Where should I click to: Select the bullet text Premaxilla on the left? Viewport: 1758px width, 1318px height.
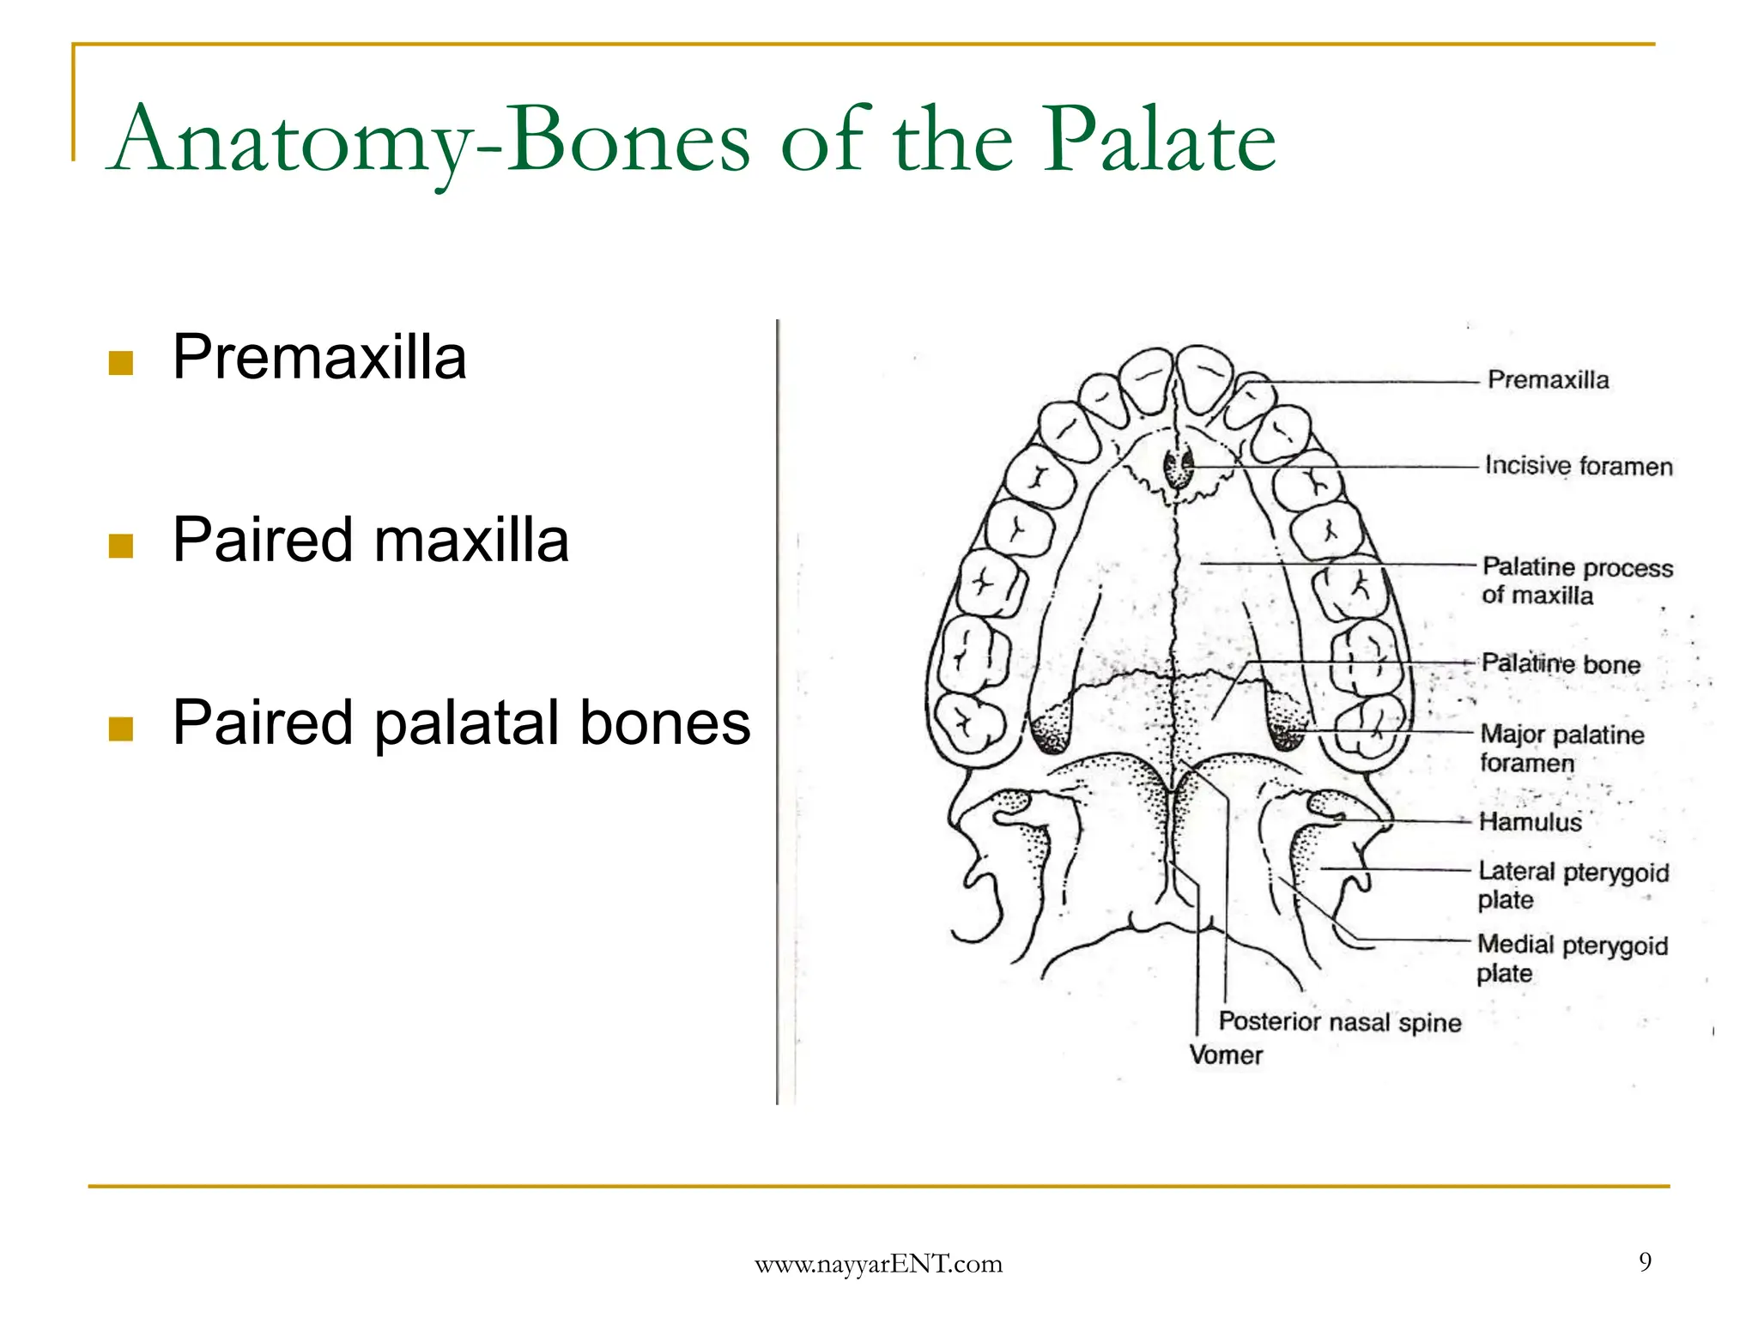[x=319, y=357]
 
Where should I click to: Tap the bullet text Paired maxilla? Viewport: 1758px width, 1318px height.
[x=370, y=540]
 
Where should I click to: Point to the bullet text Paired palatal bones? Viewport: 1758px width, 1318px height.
[x=461, y=722]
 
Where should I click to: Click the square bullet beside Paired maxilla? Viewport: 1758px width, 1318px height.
[x=121, y=546]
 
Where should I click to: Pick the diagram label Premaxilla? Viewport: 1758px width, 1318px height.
[x=1548, y=380]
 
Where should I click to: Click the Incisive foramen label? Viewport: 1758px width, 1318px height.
[x=1578, y=466]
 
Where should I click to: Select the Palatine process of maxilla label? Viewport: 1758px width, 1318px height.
[x=1576, y=581]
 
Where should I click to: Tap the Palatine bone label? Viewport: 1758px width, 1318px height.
[x=1561, y=664]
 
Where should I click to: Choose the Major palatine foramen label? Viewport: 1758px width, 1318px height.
[x=1561, y=748]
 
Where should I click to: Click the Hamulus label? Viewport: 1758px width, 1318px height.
[x=1530, y=822]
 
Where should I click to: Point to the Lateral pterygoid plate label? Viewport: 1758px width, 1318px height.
[x=1572, y=886]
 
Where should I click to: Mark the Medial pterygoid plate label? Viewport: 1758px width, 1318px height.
[x=1571, y=958]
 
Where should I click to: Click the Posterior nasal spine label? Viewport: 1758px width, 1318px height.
[x=1339, y=1022]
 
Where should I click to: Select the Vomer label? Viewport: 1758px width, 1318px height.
[x=1225, y=1055]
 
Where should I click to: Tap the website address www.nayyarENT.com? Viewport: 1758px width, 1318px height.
[x=878, y=1264]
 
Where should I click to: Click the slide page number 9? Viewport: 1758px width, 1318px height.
[x=1645, y=1261]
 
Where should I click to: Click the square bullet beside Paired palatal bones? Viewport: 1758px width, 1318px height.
[x=121, y=729]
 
